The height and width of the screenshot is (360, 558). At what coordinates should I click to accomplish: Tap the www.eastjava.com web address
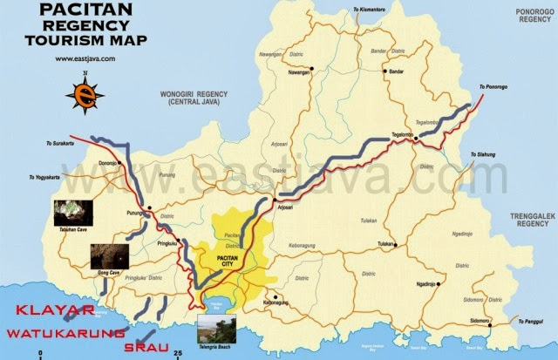coord(85,59)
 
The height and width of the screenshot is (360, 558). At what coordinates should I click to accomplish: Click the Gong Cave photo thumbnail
coord(109,256)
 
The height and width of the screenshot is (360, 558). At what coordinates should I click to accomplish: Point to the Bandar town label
coord(397,72)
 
